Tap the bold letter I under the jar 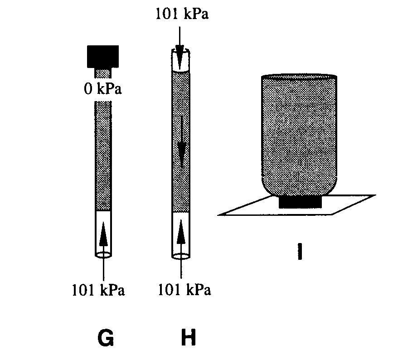300,251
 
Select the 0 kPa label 103,89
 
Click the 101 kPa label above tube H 182,14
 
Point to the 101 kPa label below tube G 98,290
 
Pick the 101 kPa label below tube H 184,290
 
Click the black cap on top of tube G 103,56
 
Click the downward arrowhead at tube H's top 180,57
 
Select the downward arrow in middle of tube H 181,142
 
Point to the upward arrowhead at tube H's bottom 181,234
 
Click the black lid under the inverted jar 300,202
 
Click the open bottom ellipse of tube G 103,255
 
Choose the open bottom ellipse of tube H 181,256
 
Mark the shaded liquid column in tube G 103,156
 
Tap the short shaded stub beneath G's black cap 103,73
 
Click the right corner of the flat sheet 376,195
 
